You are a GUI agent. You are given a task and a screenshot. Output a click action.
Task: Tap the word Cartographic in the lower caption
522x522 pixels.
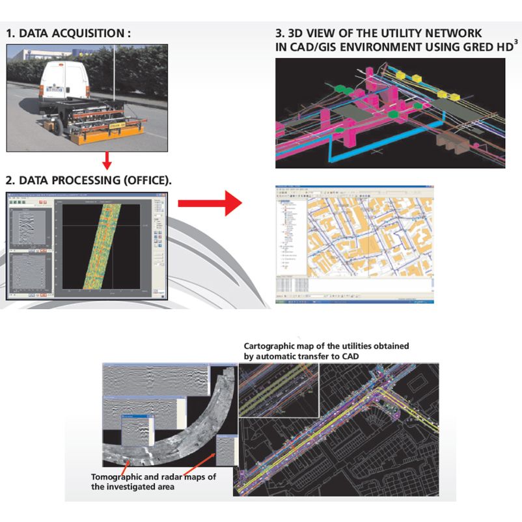click(x=270, y=346)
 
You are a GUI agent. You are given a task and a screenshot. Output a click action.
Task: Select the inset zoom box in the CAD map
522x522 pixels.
click(x=279, y=391)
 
